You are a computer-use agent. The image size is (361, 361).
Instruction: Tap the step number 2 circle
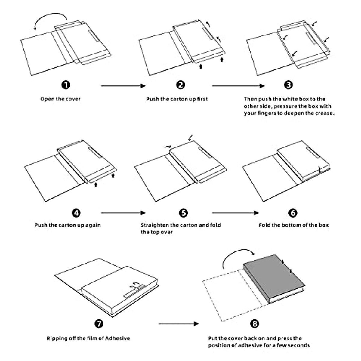pos(180,85)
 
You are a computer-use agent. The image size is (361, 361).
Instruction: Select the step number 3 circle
pos(288,85)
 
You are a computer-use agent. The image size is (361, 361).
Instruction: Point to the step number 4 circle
pos(76,213)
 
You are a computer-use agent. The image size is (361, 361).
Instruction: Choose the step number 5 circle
pos(183,213)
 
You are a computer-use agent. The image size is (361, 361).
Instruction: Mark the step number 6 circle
pos(293,213)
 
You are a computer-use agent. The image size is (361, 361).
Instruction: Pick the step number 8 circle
pos(255,324)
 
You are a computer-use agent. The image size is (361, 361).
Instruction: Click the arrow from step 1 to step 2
pos(123,86)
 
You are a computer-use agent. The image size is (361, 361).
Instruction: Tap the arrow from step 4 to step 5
pos(123,213)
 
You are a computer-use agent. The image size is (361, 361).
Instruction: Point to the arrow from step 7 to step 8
pos(179,324)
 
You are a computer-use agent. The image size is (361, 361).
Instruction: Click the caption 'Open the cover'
pos(60,99)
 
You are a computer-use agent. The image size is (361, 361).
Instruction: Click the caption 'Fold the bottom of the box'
pos(294,225)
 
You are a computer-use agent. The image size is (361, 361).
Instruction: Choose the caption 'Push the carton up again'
pos(68,225)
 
